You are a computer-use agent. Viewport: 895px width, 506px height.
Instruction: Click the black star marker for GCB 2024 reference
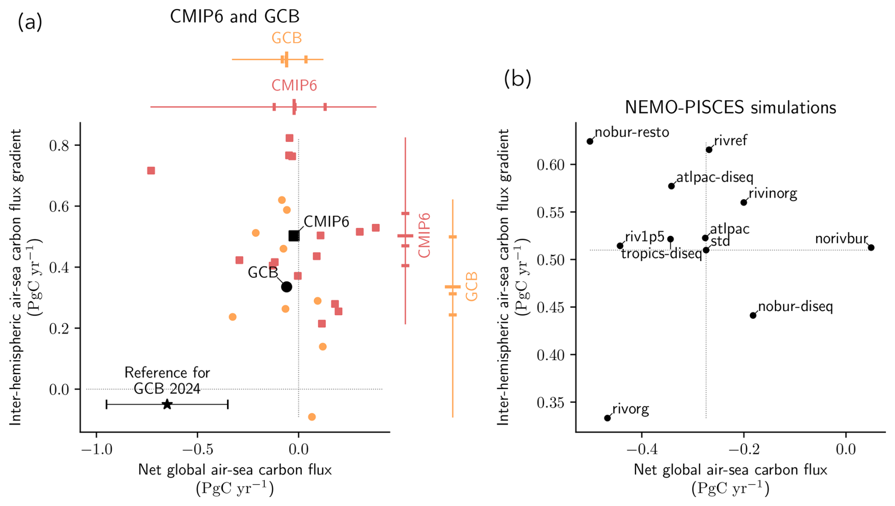click(x=167, y=404)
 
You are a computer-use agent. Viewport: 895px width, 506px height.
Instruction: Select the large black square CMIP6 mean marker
click(x=294, y=236)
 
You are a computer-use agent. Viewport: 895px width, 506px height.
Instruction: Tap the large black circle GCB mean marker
click(x=286, y=287)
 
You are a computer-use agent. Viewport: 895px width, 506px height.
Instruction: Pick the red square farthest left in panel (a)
click(x=151, y=170)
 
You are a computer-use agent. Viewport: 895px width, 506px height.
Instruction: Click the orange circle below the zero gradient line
click(x=312, y=417)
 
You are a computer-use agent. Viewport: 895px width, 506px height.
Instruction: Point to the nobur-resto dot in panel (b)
click(x=590, y=142)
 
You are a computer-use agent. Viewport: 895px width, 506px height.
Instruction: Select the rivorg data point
click(x=607, y=418)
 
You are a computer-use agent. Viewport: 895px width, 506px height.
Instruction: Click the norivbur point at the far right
click(x=871, y=248)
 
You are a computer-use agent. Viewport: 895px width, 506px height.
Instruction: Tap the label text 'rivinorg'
click(x=772, y=194)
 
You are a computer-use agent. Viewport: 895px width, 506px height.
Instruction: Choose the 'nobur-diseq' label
click(x=795, y=307)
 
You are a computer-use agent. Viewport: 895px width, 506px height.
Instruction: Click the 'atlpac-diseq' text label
click(x=714, y=178)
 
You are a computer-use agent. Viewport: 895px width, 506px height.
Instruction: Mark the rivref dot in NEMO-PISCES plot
click(x=709, y=150)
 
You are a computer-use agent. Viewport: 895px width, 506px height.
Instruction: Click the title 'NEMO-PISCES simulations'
click(x=730, y=108)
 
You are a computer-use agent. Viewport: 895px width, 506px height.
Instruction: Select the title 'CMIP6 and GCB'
click(x=235, y=17)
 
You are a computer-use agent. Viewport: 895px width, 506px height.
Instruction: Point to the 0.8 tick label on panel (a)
click(x=59, y=145)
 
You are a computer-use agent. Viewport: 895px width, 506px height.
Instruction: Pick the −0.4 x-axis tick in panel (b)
click(x=641, y=449)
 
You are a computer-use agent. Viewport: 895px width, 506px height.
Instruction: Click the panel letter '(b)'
click(x=518, y=79)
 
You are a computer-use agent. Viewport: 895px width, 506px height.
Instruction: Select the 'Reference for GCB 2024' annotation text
click(x=167, y=381)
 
